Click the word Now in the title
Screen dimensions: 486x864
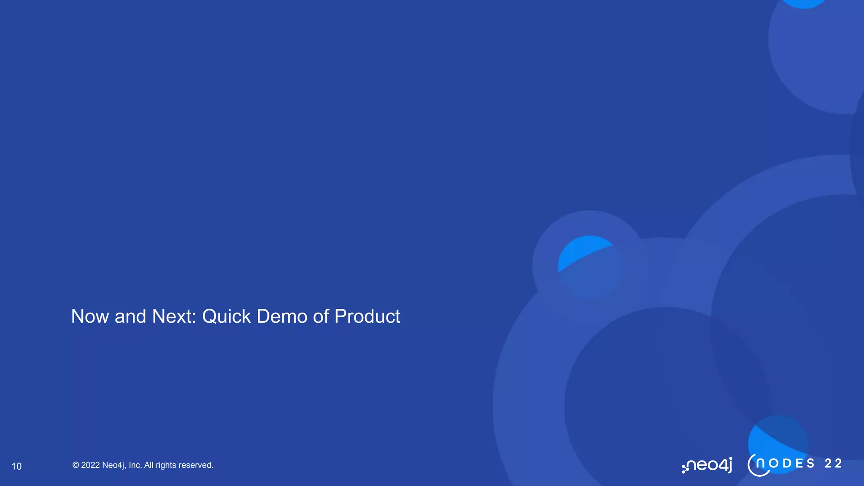pyautogui.click(x=90, y=316)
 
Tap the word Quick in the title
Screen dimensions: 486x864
pyautogui.click(x=226, y=316)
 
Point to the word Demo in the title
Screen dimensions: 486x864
pyautogui.click(x=282, y=316)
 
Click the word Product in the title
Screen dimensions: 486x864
pyautogui.click(x=367, y=316)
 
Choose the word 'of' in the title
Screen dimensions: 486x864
pyautogui.click(x=321, y=316)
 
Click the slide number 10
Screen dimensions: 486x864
pyautogui.click(x=16, y=466)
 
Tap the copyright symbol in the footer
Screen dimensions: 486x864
pyautogui.click(x=76, y=465)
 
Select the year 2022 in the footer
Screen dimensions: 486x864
pyautogui.click(x=90, y=465)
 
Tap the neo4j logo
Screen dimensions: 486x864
pyautogui.click(x=707, y=465)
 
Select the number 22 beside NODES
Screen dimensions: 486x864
pyautogui.click(x=833, y=463)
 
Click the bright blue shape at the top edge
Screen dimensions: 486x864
pyautogui.click(x=803, y=3)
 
